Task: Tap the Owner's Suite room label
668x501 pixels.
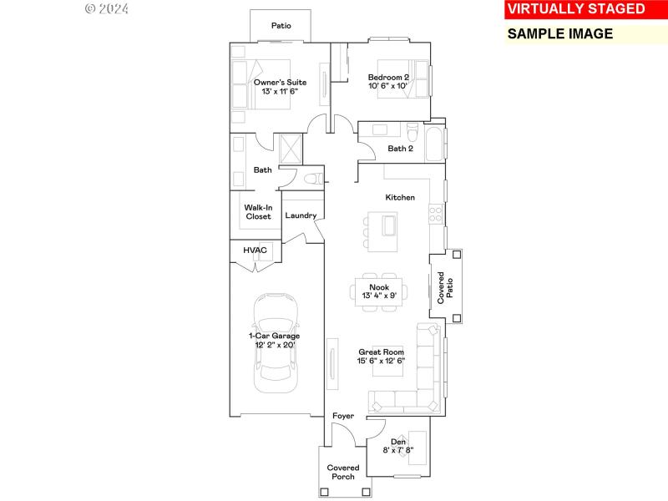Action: click(x=281, y=83)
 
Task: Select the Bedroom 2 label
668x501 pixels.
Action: click(x=388, y=78)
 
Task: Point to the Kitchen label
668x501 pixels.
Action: click(x=400, y=198)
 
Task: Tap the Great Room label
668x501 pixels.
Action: click(x=381, y=352)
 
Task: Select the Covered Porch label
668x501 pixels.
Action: click(x=342, y=472)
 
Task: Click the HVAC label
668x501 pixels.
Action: click(x=255, y=250)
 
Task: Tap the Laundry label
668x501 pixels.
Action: click(x=301, y=215)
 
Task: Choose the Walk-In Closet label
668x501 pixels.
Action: click(x=258, y=212)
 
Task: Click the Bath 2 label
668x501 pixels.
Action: click(x=401, y=149)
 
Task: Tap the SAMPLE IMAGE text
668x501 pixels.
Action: click(x=560, y=34)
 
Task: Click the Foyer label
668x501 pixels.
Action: click(x=343, y=416)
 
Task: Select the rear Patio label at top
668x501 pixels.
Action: click(x=281, y=26)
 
